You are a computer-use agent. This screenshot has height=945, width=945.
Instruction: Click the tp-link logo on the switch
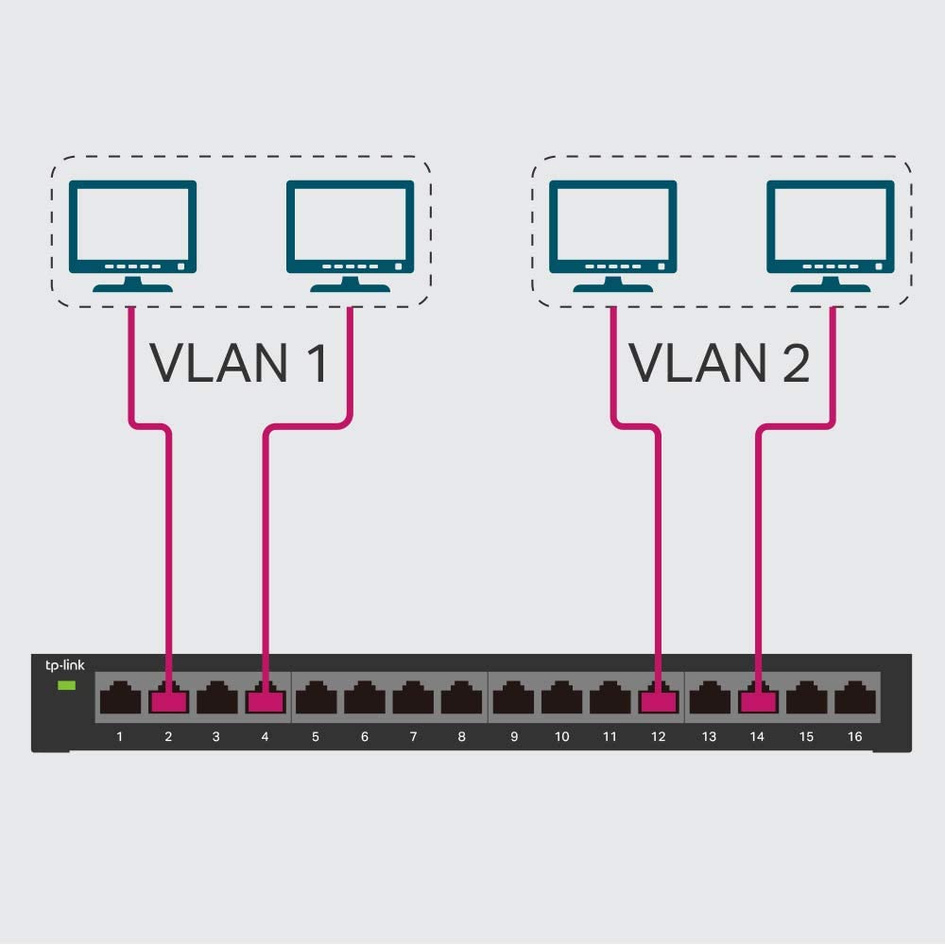(65, 665)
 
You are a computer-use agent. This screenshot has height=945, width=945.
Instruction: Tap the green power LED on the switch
(66, 684)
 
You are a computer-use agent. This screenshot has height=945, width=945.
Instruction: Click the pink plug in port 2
(168, 700)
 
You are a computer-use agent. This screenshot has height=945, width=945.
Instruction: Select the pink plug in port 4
(265, 700)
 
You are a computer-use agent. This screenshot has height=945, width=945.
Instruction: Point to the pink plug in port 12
(658, 700)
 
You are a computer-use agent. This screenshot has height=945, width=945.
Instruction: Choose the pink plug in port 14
(757, 700)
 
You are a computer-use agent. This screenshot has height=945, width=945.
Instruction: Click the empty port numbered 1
(120, 699)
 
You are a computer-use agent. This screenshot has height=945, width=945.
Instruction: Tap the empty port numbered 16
(854, 699)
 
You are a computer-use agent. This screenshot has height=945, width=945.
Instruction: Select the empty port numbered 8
(461, 699)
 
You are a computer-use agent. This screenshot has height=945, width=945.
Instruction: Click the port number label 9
(514, 737)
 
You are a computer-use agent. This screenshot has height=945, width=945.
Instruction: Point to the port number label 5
(316, 737)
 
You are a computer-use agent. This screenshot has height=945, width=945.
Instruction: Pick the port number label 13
(709, 737)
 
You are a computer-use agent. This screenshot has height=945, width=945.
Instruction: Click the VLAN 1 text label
(239, 363)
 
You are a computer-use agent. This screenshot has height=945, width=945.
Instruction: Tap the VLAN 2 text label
(719, 363)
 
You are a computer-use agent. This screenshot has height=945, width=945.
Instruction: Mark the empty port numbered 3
(216, 699)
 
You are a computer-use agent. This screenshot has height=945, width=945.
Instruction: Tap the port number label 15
(806, 737)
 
